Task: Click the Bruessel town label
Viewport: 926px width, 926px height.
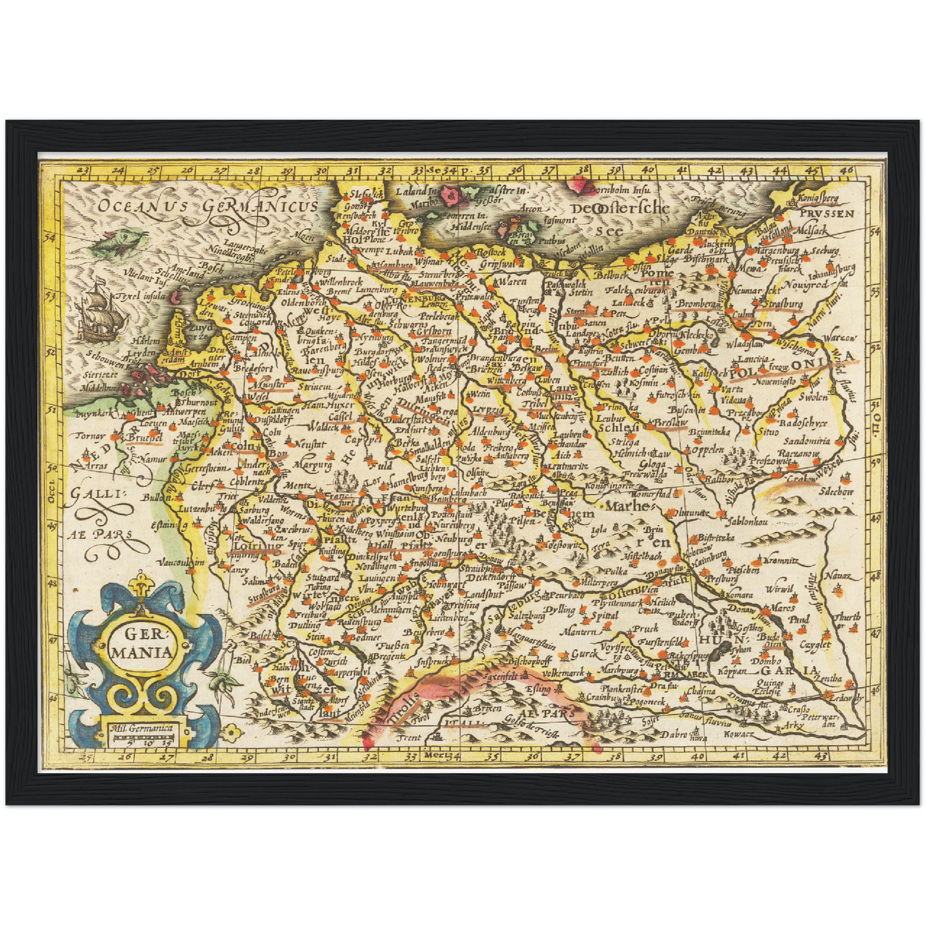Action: pos(144,438)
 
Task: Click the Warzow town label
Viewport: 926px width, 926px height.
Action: pos(839,338)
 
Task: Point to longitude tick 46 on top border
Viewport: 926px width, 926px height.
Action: pos(847,170)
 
